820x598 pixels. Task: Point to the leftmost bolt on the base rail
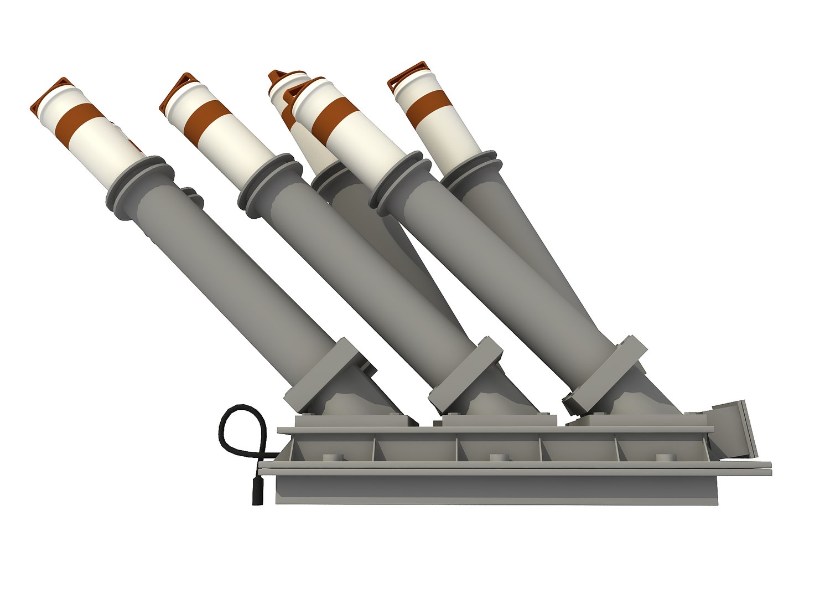tap(330, 457)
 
